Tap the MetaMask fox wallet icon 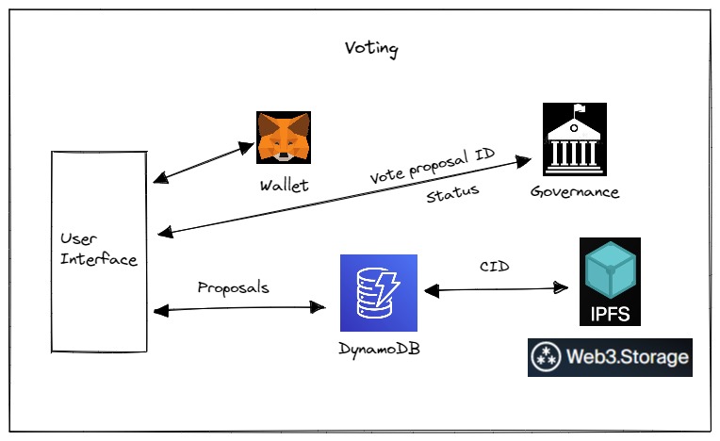pos(284,138)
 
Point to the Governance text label pos(575,192)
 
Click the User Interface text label pos(99,249)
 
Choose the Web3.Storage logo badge pos(610,358)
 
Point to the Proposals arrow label pos(233,287)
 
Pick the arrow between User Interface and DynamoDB pos(238,307)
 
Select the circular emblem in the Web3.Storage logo pos(545,358)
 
